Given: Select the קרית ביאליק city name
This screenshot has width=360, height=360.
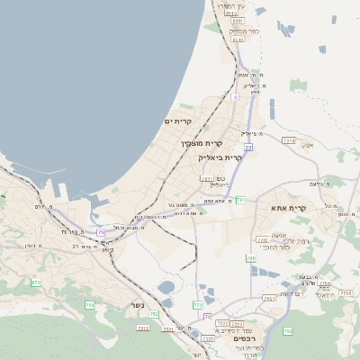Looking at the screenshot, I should (x=220, y=157).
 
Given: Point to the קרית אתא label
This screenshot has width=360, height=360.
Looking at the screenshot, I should (x=289, y=208).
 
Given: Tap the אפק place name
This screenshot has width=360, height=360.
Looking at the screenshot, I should (x=308, y=145).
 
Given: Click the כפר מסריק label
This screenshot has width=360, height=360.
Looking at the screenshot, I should (x=244, y=31).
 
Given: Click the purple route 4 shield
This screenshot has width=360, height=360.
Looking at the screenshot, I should (x=234, y=96).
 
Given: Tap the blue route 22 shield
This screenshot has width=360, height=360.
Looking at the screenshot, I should (x=247, y=146).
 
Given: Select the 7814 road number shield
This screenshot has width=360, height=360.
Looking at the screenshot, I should (x=288, y=140).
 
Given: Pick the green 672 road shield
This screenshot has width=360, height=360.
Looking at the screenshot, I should (x=36, y=283).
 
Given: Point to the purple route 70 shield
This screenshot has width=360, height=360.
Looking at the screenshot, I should (x=208, y=317).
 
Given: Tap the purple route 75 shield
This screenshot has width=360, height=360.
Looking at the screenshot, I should (x=101, y=233).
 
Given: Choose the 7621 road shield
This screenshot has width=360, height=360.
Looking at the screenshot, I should (x=269, y=298).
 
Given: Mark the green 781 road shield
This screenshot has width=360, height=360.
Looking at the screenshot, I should (x=240, y=199).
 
